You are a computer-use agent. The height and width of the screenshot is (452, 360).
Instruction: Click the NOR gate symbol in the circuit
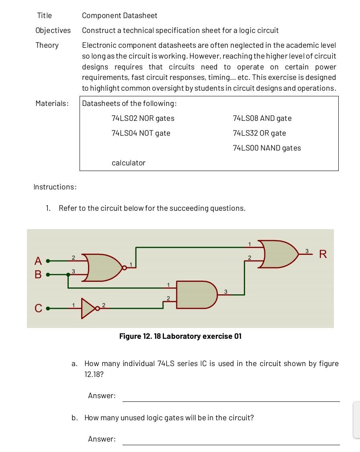pos(102,267)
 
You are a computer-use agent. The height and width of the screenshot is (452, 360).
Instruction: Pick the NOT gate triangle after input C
pos(88,308)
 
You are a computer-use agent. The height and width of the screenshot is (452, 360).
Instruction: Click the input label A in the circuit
pos(38,261)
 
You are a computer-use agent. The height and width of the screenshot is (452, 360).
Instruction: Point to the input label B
pos(38,275)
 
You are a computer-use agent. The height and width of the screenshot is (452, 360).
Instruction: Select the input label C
pos(38,309)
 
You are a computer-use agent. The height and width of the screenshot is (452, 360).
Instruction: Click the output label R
pos(323,254)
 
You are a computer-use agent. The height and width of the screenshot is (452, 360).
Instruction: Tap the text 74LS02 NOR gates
pos(143,118)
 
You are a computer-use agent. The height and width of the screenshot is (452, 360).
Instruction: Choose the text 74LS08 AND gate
pos(262,118)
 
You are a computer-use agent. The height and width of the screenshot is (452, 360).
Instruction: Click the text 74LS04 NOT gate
pos(141,133)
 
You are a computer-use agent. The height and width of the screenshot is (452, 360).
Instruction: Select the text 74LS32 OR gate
pos(259,133)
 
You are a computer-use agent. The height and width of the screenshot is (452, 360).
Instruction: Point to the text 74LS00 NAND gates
pos(267,148)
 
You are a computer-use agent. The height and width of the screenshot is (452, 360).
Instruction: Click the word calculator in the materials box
pos(128,163)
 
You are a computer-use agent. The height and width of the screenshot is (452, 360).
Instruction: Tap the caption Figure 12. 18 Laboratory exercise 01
pos(180,336)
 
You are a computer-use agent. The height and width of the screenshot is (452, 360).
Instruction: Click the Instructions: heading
pos(55,187)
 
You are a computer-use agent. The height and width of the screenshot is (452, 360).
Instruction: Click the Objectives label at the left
pos(53,31)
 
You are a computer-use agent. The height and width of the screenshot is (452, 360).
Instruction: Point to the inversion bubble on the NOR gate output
pos(125,268)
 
